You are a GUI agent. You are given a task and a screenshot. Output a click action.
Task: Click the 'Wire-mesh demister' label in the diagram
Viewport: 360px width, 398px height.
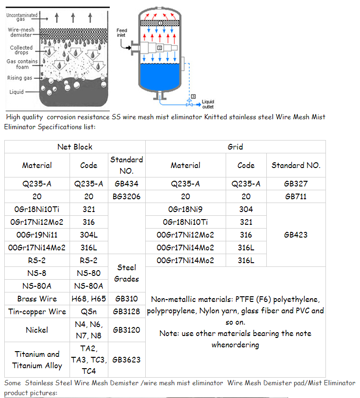(20, 32)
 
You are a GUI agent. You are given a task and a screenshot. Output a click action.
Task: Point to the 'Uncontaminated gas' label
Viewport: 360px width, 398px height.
(22, 18)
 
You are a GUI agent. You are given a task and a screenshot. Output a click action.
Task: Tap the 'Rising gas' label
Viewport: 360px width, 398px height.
(20, 78)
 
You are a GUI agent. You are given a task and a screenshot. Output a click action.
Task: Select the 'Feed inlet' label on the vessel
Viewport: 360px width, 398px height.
(122, 33)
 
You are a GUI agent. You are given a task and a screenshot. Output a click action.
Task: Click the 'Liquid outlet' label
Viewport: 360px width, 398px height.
(208, 104)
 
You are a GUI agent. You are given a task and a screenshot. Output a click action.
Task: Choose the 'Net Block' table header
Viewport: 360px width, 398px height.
(75, 147)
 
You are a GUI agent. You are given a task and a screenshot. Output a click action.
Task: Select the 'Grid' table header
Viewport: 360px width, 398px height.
(235, 147)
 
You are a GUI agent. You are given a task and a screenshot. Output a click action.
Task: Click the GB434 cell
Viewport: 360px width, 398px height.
(126, 184)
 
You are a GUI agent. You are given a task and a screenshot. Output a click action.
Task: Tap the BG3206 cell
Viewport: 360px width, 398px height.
(126, 196)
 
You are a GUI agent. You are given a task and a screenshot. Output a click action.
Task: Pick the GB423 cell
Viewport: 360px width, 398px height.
(296, 235)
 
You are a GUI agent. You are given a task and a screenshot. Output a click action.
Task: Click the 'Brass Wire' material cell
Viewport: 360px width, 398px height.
(37, 299)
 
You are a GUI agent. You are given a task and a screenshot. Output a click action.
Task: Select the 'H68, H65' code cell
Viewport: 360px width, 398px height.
(88, 299)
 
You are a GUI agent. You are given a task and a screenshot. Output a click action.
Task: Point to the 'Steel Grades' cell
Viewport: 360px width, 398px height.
(126, 273)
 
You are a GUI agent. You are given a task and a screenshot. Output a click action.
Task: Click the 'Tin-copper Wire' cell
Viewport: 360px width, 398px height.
(37, 311)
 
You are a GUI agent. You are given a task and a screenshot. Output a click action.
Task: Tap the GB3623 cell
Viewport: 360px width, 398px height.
(126, 360)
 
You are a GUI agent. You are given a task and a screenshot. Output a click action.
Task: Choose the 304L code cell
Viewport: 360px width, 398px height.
(88, 235)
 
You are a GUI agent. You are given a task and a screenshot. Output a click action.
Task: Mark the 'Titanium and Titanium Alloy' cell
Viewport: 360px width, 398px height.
(37, 360)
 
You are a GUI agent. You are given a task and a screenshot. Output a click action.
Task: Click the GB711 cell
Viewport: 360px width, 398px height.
(296, 196)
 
